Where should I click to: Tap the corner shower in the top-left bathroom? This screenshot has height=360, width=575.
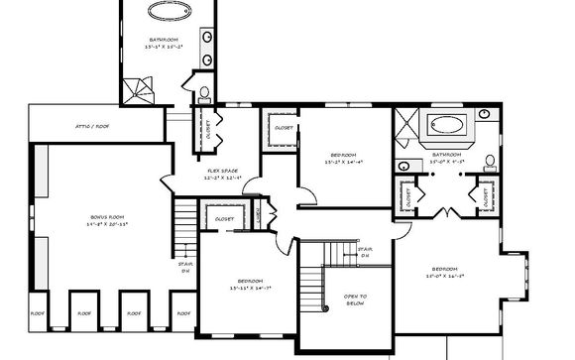(138, 91)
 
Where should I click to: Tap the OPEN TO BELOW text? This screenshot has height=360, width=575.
(356, 300)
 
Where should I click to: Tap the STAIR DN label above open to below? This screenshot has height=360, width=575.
(364, 253)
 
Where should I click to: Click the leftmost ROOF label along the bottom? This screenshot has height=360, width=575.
(37, 312)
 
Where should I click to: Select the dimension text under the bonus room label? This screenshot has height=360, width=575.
(107, 225)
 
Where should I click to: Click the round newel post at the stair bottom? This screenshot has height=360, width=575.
(328, 311)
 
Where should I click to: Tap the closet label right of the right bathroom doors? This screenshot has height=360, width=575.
(486, 196)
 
